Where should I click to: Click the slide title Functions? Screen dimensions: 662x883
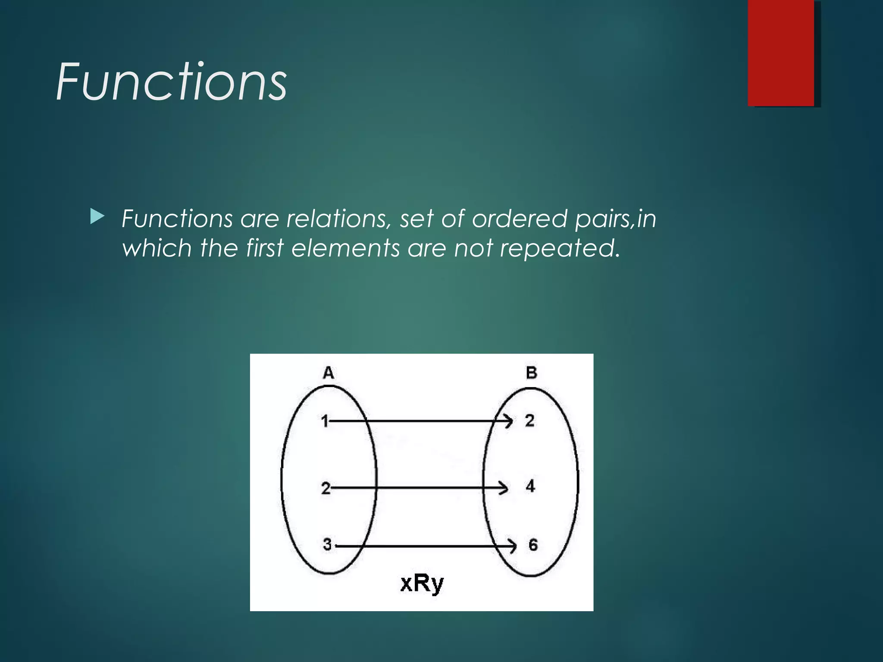171,81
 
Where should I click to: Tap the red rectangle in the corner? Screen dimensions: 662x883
781,53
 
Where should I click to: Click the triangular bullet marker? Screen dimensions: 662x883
97,217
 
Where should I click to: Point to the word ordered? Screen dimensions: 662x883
520,219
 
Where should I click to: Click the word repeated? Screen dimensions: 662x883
559,248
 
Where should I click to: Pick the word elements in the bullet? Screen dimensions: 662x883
345,248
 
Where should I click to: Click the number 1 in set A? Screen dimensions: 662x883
325,421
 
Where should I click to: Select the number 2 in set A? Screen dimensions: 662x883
326,488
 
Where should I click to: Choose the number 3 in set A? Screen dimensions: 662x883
327,545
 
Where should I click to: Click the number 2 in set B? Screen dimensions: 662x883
530,421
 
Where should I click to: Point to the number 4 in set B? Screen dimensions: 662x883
530,487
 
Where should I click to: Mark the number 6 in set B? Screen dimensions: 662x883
533,545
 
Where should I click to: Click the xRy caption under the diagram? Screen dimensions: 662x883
422,584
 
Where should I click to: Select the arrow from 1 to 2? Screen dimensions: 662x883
420,421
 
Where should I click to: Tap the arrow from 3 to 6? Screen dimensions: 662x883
425,546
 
